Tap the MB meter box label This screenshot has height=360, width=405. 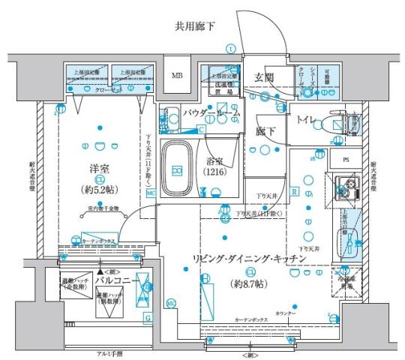(178, 76)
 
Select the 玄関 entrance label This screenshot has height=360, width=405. (264, 77)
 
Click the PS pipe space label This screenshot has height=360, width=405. (345, 160)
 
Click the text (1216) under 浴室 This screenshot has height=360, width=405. (217, 172)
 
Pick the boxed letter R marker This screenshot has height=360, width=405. (295, 192)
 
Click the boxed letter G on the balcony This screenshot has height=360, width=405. (147, 319)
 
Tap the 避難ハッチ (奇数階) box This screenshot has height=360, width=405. (76, 283)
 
